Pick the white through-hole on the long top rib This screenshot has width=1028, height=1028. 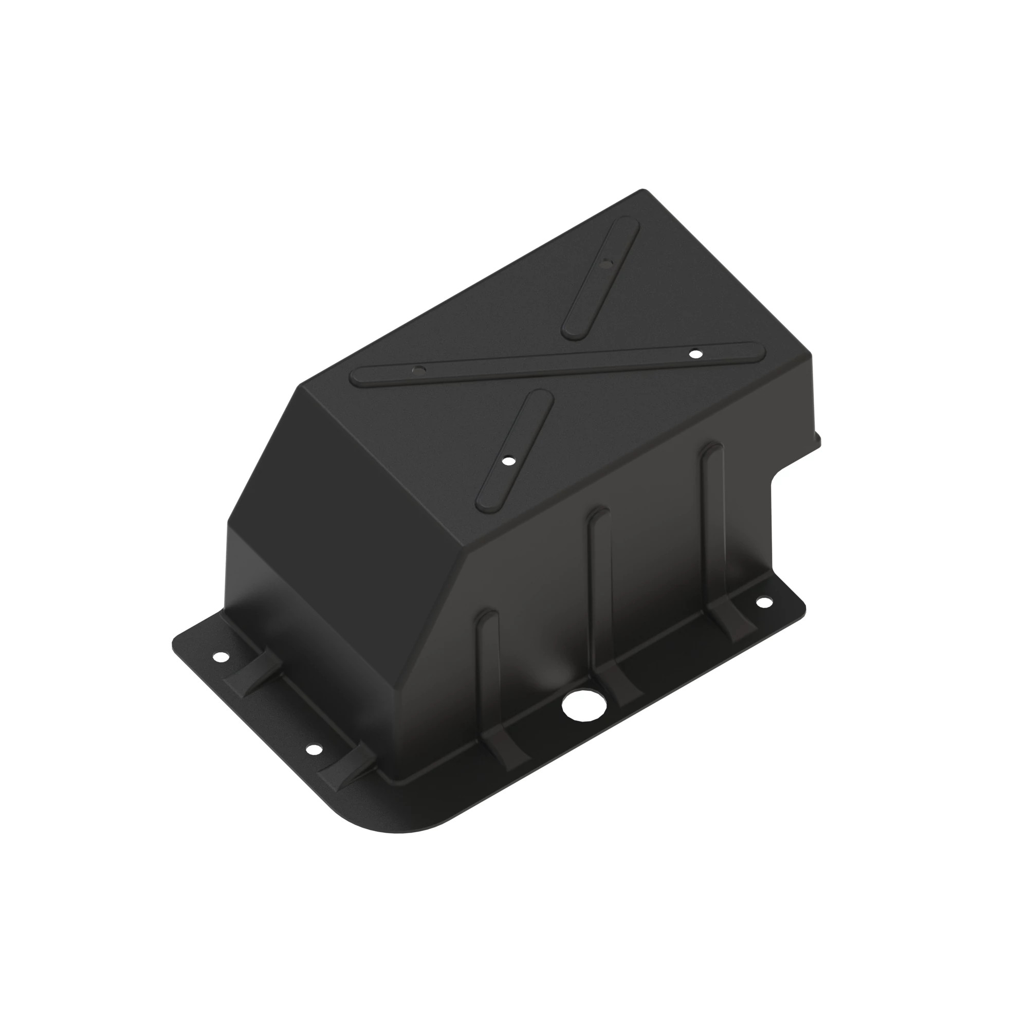click(694, 353)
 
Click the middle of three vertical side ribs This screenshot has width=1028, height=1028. click(600, 580)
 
